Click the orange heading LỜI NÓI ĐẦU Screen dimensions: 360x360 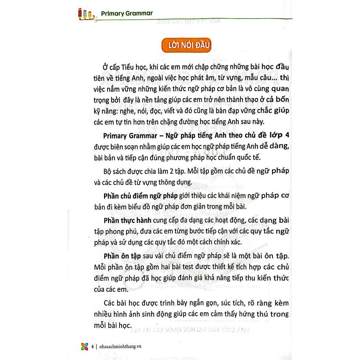[x=186, y=46]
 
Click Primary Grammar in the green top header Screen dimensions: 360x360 [x=127, y=14]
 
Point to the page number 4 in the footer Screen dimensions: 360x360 [x=92, y=346]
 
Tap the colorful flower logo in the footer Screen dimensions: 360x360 [x=84, y=346]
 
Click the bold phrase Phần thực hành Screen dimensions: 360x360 [x=127, y=220]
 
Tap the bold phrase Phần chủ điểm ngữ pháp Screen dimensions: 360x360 [x=141, y=196]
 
